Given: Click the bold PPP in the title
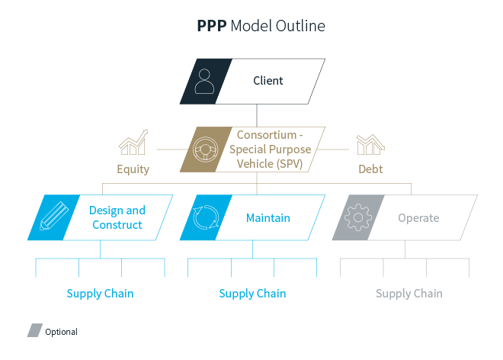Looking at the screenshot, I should [210, 27].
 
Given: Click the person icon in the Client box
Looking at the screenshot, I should [204, 82].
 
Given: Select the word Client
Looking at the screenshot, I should [268, 81].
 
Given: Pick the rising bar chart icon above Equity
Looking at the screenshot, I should [133, 144].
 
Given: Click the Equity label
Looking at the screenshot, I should [133, 169].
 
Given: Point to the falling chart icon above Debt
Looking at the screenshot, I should [371, 144].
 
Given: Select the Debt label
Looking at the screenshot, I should [370, 169].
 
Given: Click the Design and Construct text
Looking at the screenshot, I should [117, 217].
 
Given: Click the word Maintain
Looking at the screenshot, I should [268, 218].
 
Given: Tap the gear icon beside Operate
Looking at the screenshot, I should [357, 217].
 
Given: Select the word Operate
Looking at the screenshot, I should [418, 218].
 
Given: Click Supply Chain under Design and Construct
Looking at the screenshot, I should [100, 294].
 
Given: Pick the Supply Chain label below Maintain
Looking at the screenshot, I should [252, 294].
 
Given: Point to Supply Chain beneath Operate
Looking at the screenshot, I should [409, 294].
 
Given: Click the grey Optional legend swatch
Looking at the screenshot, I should [35, 331].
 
